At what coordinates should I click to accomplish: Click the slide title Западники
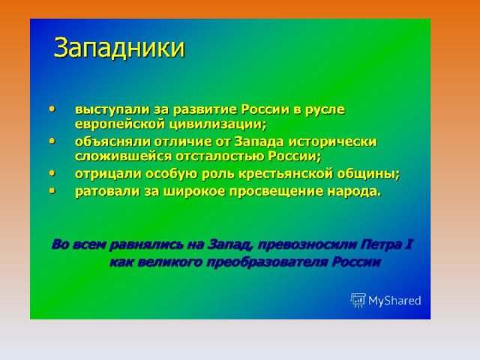coord(119,48)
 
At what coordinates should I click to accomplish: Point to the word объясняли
coord(112,142)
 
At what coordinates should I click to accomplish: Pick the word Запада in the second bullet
coord(259,142)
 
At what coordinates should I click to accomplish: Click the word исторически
coord(333,142)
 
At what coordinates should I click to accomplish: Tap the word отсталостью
coord(220,156)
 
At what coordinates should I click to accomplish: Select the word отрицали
coord(108,174)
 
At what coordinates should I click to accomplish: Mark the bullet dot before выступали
coord(52,109)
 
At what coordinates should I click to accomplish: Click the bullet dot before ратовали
coord(52,190)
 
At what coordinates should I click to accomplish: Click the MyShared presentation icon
coord(358,300)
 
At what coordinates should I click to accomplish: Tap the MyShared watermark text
coord(394,301)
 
